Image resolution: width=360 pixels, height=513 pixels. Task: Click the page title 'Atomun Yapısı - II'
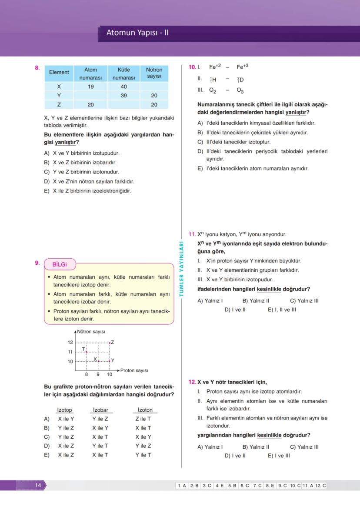pos(137,33)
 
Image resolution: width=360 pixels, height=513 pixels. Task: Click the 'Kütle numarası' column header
pos(123,73)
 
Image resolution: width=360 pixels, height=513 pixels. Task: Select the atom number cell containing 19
pos(90,87)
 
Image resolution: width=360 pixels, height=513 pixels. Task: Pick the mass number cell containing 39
pos(123,95)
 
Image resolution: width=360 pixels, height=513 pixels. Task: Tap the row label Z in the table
pos(59,104)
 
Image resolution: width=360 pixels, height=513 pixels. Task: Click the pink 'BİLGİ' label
pos(60,264)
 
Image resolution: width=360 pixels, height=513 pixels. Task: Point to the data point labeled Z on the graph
pos(110,343)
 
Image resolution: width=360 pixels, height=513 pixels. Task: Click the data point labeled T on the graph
pos(87,352)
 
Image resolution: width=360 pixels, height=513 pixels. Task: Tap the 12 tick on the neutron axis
pos(70,343)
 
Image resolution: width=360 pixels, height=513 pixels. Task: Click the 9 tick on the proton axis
pos(98,374)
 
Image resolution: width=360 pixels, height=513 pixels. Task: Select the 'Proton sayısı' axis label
pos(134,370)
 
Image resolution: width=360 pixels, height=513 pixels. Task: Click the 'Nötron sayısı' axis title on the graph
pos(91,332)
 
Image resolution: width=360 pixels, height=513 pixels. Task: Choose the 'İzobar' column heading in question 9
pos(100,410)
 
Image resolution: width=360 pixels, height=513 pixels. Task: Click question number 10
pos(192,67)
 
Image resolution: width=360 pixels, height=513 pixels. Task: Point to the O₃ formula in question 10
pos(240,90)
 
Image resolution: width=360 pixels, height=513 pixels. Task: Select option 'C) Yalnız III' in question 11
pos(304,300)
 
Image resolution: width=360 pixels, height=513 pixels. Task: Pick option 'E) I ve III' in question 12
pos(279,456)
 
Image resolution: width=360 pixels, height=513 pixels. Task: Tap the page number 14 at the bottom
pos(38,485)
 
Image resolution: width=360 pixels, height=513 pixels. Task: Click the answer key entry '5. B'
pos(232,486)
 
